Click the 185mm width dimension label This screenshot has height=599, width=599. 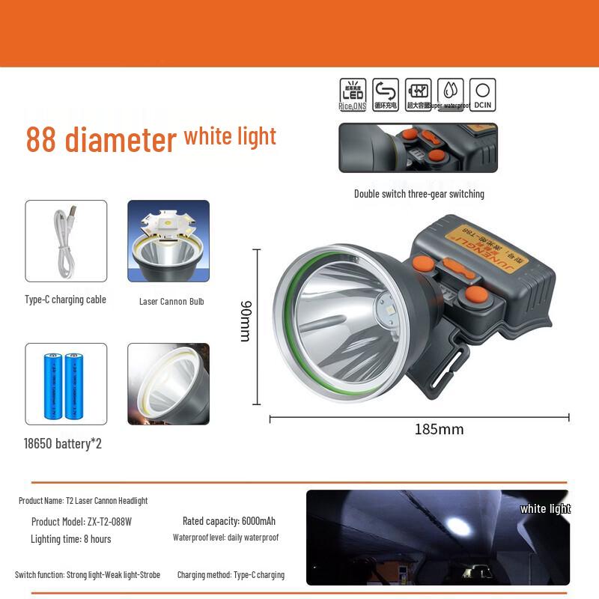(x=439, y=430)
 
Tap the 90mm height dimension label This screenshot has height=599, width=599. (x=246, y=321)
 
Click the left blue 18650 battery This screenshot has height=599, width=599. (x=55, y=386)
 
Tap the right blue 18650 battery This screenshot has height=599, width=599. (x=73, y=386)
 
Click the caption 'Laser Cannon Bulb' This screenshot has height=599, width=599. (x=171, y=302)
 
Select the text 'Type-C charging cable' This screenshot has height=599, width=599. (x=65, y=299)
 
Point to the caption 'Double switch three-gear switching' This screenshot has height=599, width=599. (x=419, y=194)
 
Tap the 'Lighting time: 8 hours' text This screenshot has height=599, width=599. (x=70, y=539)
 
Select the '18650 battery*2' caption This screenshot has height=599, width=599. (x=62, y=444)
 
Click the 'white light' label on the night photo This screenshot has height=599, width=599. (x=545, y=509)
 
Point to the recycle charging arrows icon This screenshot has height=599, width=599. (x=385, y=91)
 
